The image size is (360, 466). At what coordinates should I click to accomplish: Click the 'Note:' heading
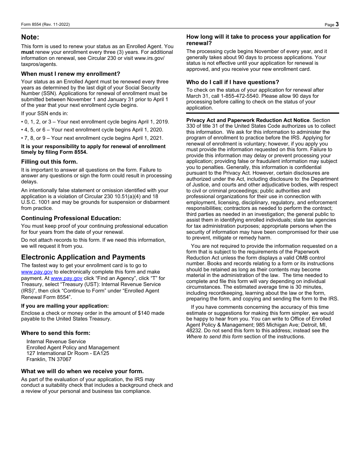pyautogui.click(x=30, y=37)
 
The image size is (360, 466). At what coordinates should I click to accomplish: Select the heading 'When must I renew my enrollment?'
pyautogui.click(x=70, y=74)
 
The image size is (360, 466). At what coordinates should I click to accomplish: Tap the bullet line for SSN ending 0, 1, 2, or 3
pyautogui.click(x=95, y=122)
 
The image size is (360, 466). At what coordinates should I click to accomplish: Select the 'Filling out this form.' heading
pyautogui.click(x=49, y=162)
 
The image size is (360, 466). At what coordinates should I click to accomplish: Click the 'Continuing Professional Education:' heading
pyautogui.click(x=71, y=218)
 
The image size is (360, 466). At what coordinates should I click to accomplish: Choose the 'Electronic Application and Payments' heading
pyautogui.click(x=83, y=257)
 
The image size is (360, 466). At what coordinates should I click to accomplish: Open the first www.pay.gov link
pyautogui.click(x=37, y=272)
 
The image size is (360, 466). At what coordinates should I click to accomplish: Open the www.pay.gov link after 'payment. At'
pyautogui.click(x=66, y=278)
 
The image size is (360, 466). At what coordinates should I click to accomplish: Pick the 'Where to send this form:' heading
pyautogui.click(x=56, y=333)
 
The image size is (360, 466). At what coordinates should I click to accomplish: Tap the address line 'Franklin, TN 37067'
pyautogui.click(x=49, y=359)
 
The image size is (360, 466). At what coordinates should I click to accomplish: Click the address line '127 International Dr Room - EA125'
pyautogui.click(x=67, y=353)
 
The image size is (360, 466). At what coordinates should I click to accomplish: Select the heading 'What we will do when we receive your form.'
pyautogui.click(x=82, y=371)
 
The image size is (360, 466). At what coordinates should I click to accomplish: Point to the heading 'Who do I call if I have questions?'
pyautogui.click(x=232, y=82)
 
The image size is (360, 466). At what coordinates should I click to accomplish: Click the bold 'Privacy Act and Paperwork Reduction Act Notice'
pyautogui.click(x=248, y=120)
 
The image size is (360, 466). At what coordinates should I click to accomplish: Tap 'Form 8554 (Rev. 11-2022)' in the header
pyautogui.click(x=45, y=25)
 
